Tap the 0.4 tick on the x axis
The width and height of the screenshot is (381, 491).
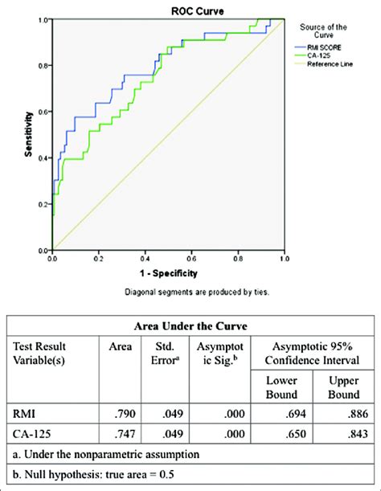(145, 260)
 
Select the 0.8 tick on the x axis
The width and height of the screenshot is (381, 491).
(238, 260)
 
